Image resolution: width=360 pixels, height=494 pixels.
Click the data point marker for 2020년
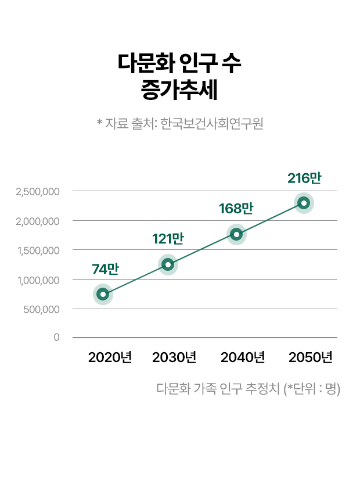[x=103, y=294]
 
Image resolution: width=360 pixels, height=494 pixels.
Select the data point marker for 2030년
[x=168, y=264]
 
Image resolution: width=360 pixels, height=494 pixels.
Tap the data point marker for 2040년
[x=236, y=234]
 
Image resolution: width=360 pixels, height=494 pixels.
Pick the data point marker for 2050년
[x=304, y=203]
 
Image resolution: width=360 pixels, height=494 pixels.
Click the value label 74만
[x=105, y=269]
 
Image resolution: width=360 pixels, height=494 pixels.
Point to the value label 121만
[x=168, y=238]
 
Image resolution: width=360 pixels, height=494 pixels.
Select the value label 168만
[x=236, y=209]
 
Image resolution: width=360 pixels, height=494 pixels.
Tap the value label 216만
[x=304, y=178]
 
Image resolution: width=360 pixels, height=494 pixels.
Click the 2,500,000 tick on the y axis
[x=38, y=191]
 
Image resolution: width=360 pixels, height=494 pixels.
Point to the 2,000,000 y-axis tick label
[x=38, y=221]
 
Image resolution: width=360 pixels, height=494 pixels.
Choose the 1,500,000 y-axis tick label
[x=38, y=250]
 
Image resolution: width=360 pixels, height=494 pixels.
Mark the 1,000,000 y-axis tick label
[x=38, y=280]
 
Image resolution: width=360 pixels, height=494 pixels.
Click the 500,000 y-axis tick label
[x=42, y=309]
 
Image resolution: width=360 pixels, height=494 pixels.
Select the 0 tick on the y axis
[x=56, y=337]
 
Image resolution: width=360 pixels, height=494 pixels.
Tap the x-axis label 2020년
[x=110, y=357]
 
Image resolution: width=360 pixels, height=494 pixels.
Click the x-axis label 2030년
[x=174, y=357]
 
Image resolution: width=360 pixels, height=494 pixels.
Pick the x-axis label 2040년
[x=243, y=357]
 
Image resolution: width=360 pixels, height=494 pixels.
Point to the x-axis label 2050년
[x=311, y=357]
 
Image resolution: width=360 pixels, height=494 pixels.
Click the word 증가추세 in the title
[x=179, y=90]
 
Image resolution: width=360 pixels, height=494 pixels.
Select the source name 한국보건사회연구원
[x=212, y=123]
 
